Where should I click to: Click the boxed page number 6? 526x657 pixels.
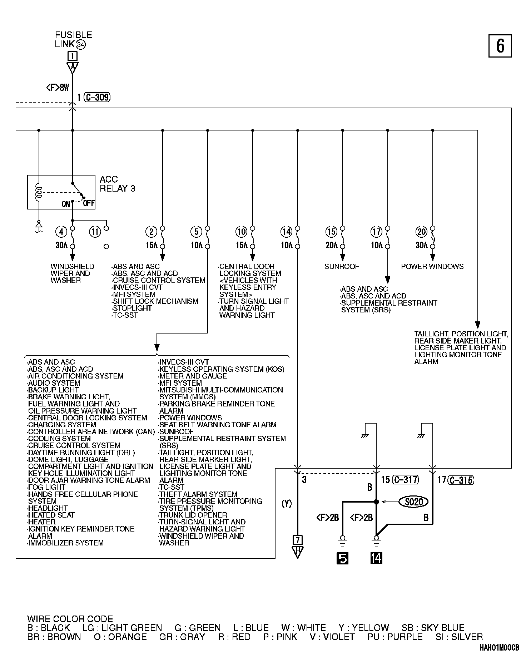(x=500, y=46)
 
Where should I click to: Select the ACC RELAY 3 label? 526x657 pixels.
(x=117, y=184)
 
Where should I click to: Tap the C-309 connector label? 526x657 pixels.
(x=97, y=97)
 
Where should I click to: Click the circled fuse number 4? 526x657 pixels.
(x=61, y=232)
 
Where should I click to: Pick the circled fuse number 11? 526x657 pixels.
(x=95, y=232)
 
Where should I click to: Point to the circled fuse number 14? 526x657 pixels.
(x=286, y=232)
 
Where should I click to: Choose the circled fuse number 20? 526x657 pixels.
(x=422, y=232)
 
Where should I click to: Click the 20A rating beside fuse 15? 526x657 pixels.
(x=331, y=245)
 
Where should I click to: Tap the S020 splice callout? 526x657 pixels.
(x=414, y=502)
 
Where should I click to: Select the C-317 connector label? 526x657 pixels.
(x=405, y=480)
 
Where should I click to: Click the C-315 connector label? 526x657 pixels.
(x=461, y=480)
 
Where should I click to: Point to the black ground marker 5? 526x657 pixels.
(x=342, y=558)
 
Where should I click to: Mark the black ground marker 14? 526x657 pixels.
(x=376, y=558)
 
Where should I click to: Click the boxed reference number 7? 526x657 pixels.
(x=297, y=539)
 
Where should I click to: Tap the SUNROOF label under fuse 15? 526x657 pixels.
(x=342, y=266)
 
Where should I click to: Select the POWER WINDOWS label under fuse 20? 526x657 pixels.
(x=432, y=266)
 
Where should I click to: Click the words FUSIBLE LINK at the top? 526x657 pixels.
(x=73, y=39)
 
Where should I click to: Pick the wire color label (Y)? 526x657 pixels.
(x=287, y=504)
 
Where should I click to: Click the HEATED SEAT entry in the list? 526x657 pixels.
(x=51, y=515)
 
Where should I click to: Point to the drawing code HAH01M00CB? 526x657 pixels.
(x=500, y=648)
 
